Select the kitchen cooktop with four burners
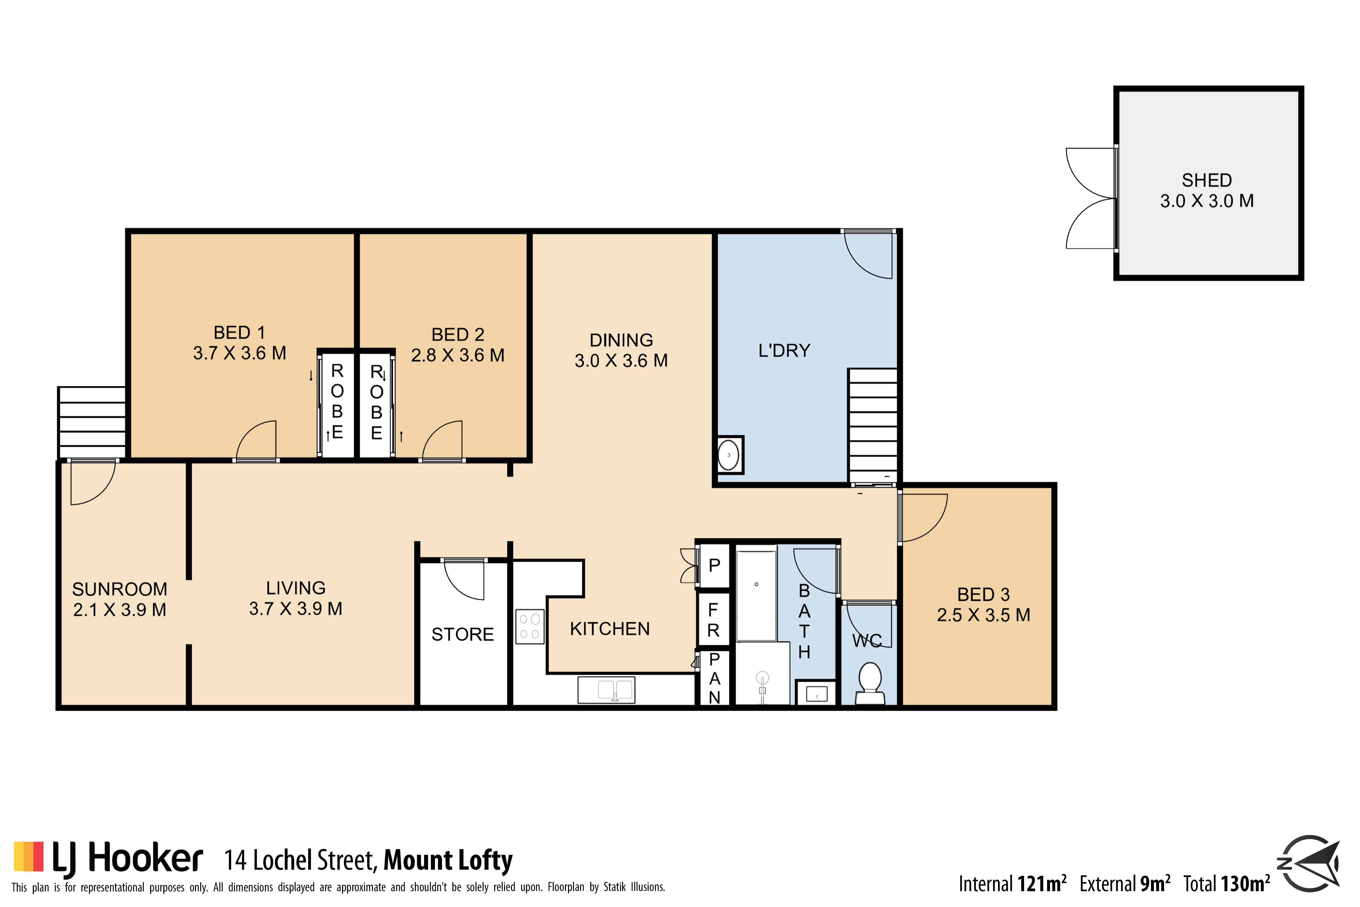click(x=530, y=626)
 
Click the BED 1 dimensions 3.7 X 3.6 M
click(x=239, y=353)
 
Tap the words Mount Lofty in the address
click(x=448, y=860)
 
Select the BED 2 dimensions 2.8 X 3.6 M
click(x=457, y=355)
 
